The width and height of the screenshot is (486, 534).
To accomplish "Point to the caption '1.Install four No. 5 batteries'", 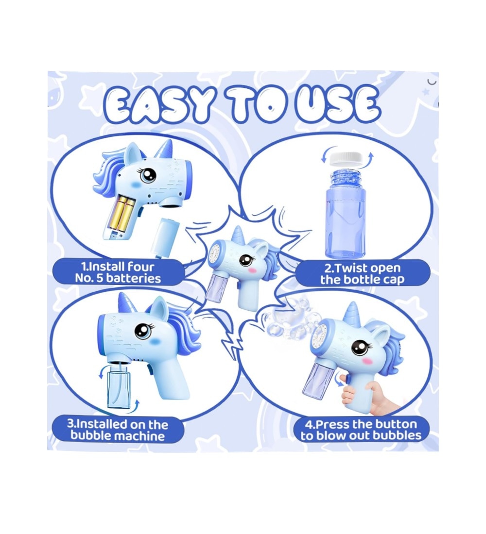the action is pos(118,272).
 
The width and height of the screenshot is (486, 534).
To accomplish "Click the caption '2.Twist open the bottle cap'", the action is pos(362,274).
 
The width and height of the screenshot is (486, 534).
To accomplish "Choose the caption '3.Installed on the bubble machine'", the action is pos(118,430).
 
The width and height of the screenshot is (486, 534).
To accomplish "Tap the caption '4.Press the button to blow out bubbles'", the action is pos(361,430).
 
